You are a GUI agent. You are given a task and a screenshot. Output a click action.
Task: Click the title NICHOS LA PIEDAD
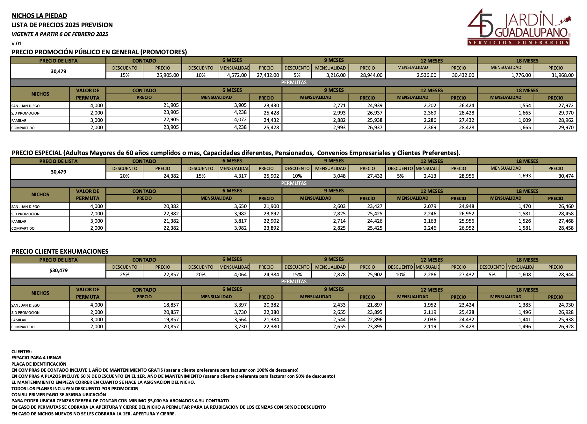coord(39,16)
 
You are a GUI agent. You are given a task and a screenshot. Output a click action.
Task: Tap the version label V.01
coord(17,43)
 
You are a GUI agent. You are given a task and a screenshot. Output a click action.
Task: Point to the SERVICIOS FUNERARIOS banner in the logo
coord(518,42)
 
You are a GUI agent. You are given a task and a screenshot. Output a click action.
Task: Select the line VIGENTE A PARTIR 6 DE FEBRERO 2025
coord(60,34)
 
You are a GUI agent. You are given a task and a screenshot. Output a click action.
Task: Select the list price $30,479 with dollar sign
coord(58,271)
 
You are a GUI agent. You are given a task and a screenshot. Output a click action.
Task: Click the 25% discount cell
coord(125,274)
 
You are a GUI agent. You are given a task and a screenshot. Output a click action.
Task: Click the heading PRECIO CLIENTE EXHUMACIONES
coord(60,251)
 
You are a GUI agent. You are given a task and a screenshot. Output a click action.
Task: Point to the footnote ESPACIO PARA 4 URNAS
coord(36,358)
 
